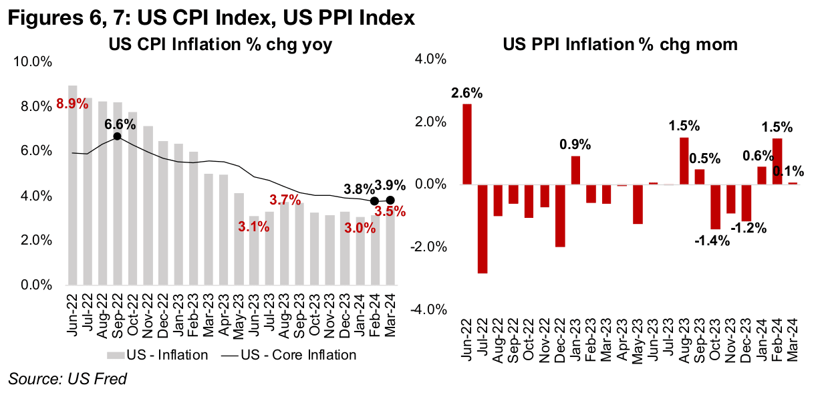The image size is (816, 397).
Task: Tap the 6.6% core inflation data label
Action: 121,124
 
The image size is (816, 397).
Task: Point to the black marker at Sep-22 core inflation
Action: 117,136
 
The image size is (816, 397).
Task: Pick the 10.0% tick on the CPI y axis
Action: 33,62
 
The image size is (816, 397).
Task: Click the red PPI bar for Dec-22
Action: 560,215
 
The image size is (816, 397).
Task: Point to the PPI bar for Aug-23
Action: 684,160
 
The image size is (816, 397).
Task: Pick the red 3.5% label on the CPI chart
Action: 390,213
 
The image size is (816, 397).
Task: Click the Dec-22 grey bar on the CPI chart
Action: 163,213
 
